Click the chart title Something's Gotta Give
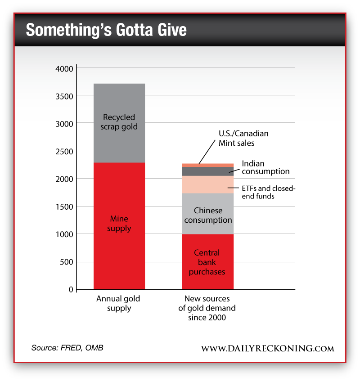pyautogui.click(x=106, y=30)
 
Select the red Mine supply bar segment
pyautogui.click(x=119, y=225)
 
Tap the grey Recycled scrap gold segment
pyautogui.click(x=119, y=122)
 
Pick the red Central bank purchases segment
pyautogui.click(x=207, y=262)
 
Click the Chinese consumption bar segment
pyautogui.click(x=207, y=214)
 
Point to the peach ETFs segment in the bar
pyautogui.click(x=207, y=184)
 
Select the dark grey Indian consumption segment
pyautogui.click(x=207, y=171)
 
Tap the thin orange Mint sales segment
pyautogui.click(x=207, y=165)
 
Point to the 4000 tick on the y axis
pyautogui.click(x=64, y=68)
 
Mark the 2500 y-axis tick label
pyautogui.click(x=64, y=151)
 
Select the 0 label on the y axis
pyautogui.click(x=70, y=289)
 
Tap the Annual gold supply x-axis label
pyautogui.click(x=119, y=304)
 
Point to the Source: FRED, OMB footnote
pyautogui.click(x=67, y=348)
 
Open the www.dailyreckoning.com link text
pyautogui.click(x=267, y=349)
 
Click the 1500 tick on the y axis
pyautogui.click(x=64, y=207)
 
